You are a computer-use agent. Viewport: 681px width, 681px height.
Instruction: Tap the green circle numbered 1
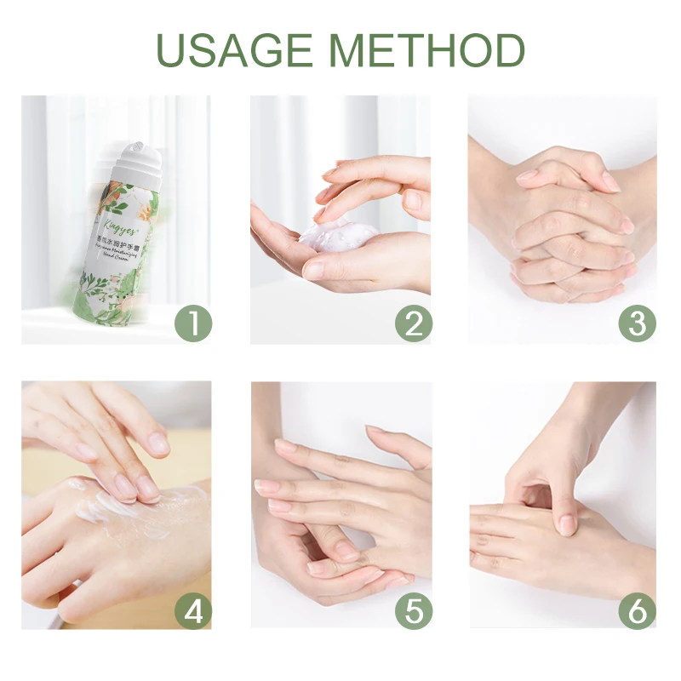pos(192,324)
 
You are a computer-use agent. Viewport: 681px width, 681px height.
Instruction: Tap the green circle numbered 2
pos(414,324)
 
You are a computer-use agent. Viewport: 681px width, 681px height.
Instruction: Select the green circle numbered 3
pos(637,324)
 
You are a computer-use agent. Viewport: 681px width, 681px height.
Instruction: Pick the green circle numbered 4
pos(192,611)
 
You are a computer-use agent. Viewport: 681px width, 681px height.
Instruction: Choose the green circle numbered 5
pos(414,611)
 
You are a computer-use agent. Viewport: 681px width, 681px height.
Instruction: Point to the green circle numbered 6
pos(637,611)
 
